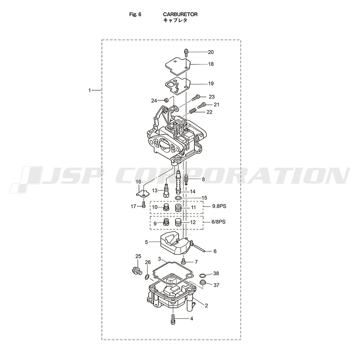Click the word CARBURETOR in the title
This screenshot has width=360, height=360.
180,14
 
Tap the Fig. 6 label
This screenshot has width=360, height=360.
135,14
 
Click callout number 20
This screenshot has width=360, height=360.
211,52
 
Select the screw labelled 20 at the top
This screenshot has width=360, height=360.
186,52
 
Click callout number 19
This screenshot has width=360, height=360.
211,84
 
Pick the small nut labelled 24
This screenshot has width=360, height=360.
166,100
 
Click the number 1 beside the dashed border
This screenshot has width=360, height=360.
90,90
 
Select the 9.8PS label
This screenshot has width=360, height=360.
219,206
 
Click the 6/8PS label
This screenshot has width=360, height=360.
219,222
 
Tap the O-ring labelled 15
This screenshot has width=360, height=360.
178,198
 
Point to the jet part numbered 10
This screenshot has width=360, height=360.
166,207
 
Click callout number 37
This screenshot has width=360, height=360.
216,285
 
